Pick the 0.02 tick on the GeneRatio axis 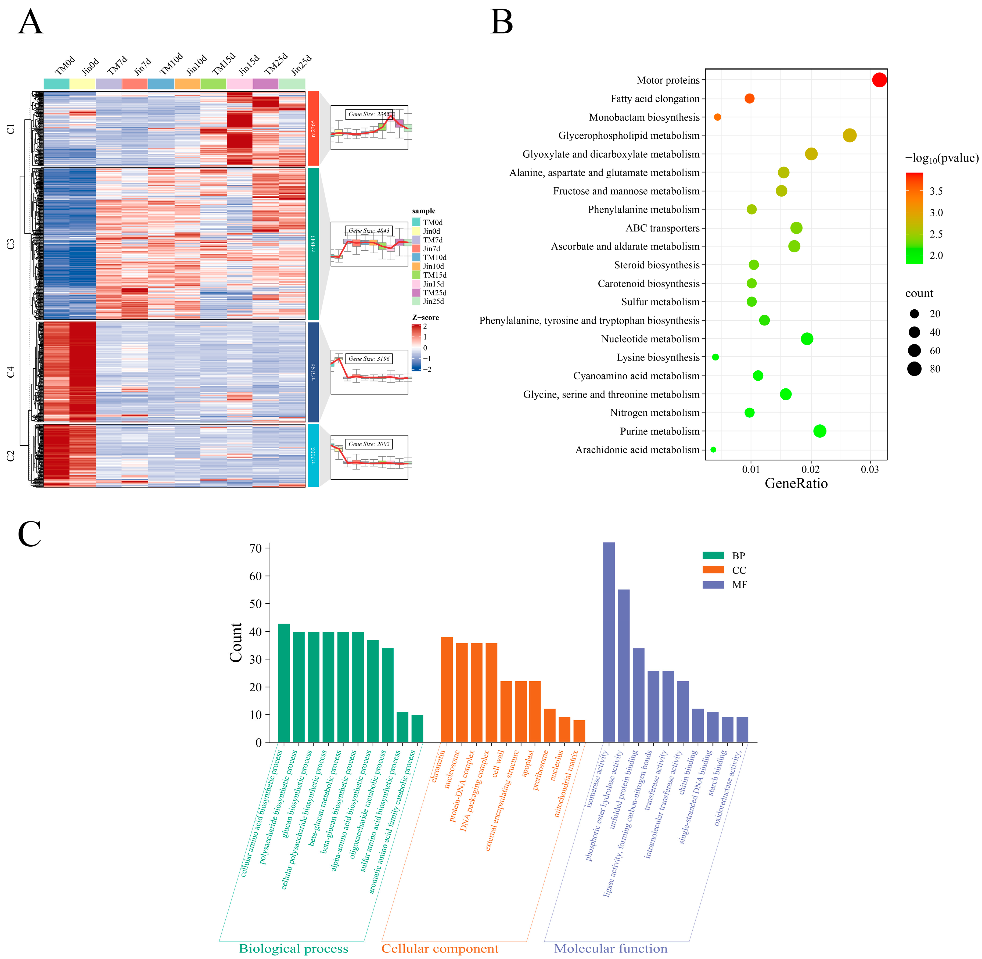(811, 470)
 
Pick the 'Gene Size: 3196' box (369, 359)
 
